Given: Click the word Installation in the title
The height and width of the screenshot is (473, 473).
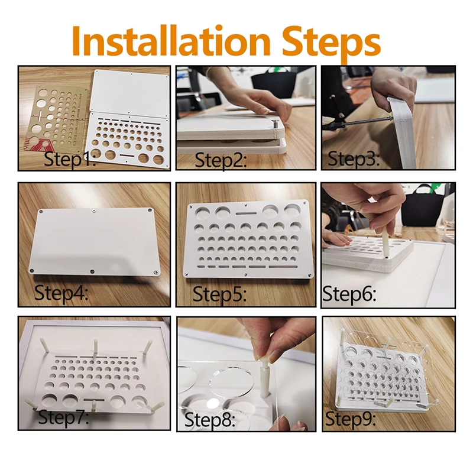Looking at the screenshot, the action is tap(171, 41).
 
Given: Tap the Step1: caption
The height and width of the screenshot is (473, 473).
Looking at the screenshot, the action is tap(70, 159).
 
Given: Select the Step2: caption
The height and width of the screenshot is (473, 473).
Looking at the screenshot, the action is tap(221, 160).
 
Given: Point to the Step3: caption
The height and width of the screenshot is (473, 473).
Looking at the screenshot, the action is tap(354, 158).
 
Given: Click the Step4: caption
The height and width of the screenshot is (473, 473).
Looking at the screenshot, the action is tap(61, 292).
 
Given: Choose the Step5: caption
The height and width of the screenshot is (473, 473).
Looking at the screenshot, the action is tap(219, 294).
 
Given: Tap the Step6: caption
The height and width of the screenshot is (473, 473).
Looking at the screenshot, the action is tap(349, 293).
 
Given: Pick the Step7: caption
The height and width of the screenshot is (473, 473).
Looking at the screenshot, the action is tap(64, 417).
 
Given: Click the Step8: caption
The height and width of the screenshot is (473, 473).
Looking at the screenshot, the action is tap(210, 419).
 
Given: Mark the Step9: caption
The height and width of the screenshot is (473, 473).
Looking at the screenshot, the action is tap(351, 419).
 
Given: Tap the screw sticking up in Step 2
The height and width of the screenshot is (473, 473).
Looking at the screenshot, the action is tap(275, 124).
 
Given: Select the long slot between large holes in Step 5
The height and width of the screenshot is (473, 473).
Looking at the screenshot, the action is tap(246, 213).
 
